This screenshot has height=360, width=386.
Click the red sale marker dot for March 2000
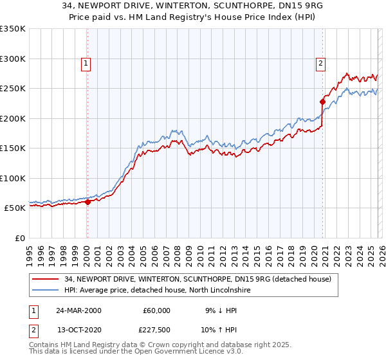click(88, 202)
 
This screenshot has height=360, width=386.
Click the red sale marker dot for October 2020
click(322, 102)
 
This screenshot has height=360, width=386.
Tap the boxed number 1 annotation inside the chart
click(86, 63)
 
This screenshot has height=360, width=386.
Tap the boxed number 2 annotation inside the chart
click(320, 63)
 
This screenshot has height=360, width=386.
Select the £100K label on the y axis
click(13, 178)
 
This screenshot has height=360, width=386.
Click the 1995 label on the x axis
click(30, 250)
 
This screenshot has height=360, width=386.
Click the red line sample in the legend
click(46, 279)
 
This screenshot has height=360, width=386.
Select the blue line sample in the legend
click(46, 290)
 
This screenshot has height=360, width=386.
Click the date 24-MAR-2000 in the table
click(78, 310)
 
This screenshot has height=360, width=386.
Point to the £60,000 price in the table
click(156, 310)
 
